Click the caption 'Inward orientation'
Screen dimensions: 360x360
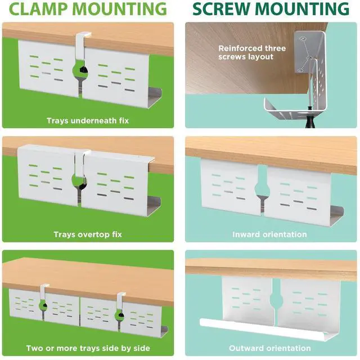(x=269, y=234)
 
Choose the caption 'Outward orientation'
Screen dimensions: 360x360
(x=269, y=348)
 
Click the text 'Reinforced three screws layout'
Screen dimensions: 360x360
(x=252, y=52)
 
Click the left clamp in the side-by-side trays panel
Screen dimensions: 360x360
(x=43, y=298)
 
